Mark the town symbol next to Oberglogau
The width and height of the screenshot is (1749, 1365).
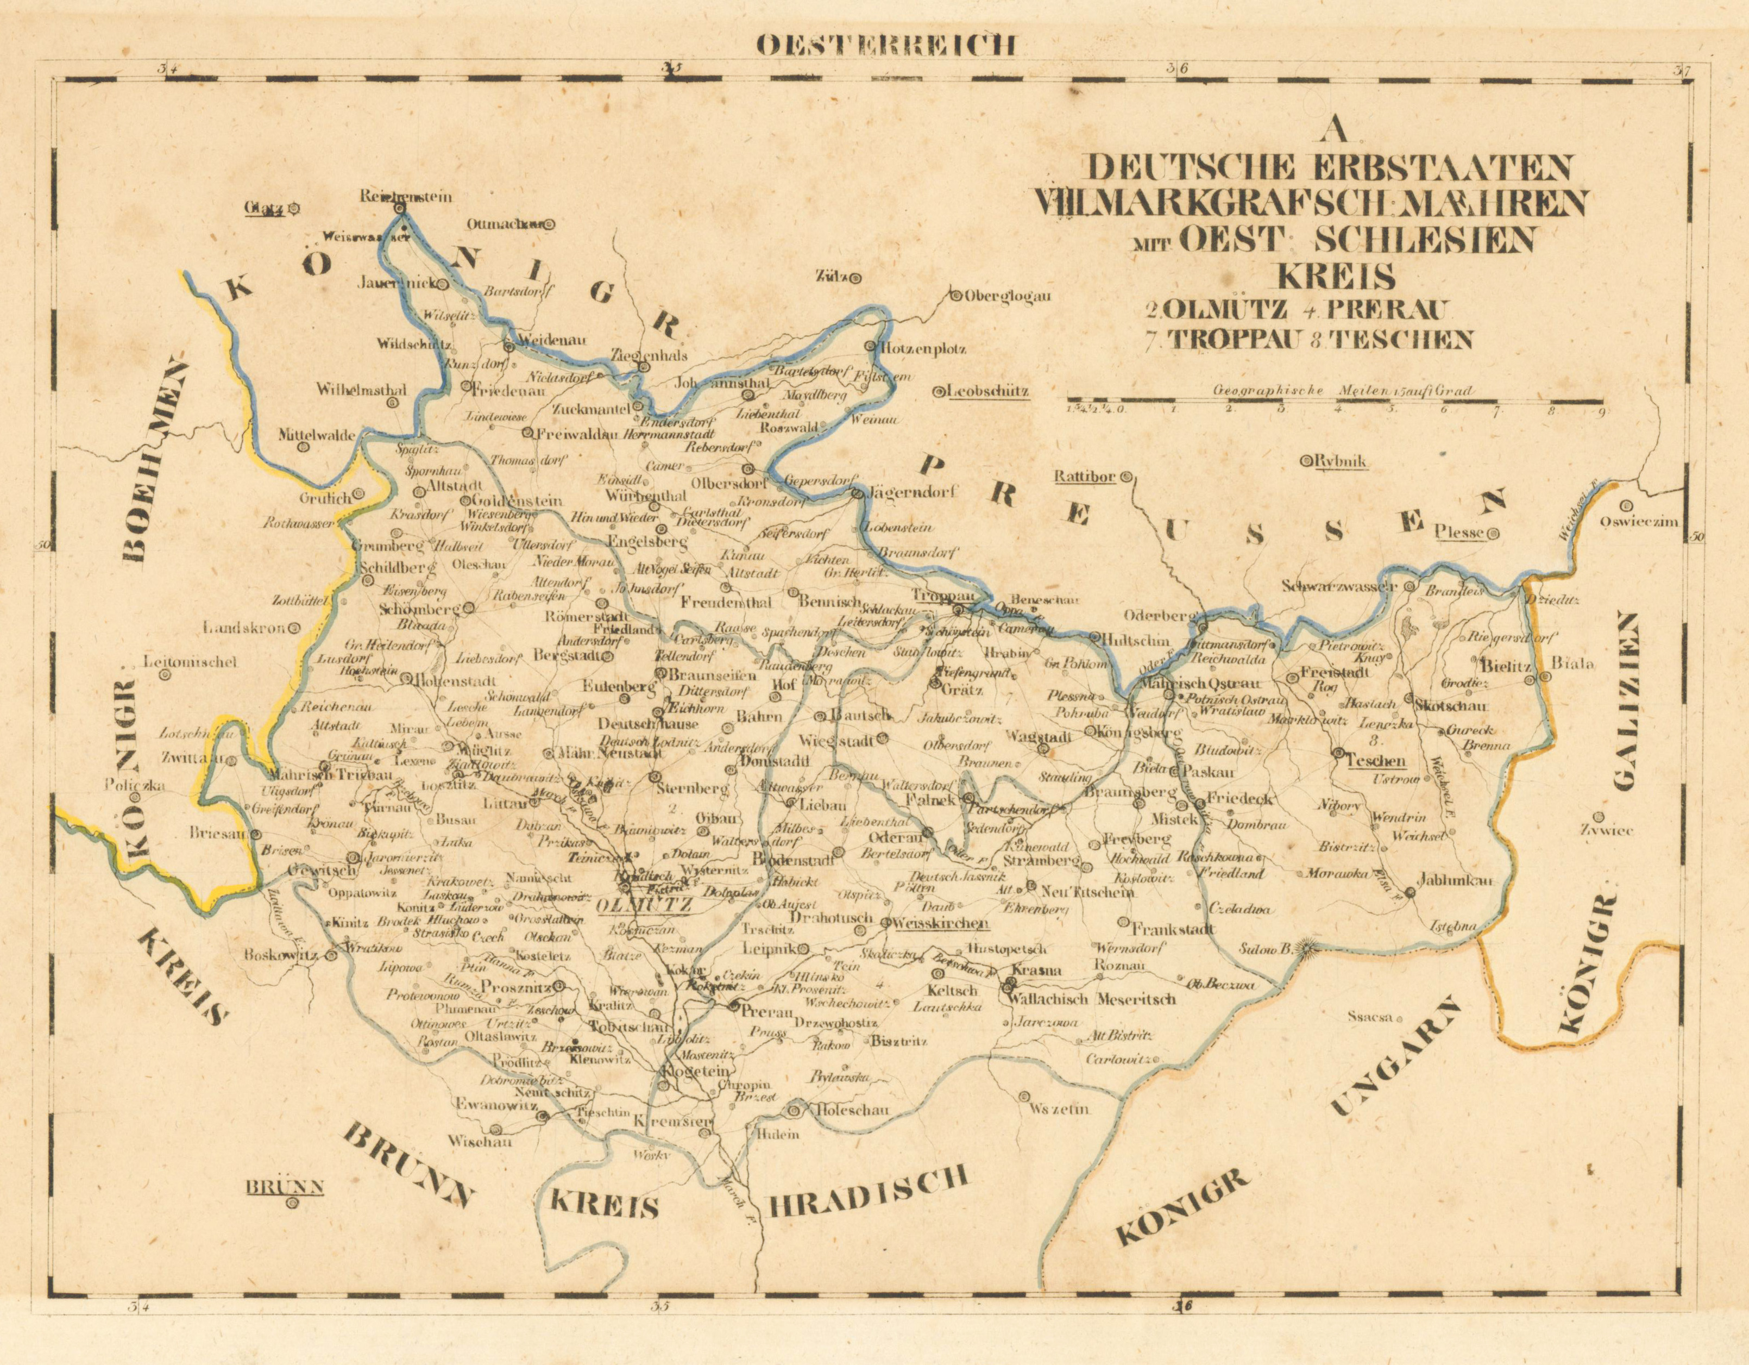point(955,296)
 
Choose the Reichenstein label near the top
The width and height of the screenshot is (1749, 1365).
point(406,196)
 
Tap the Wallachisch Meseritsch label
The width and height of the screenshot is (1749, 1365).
point(1093,1000)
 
